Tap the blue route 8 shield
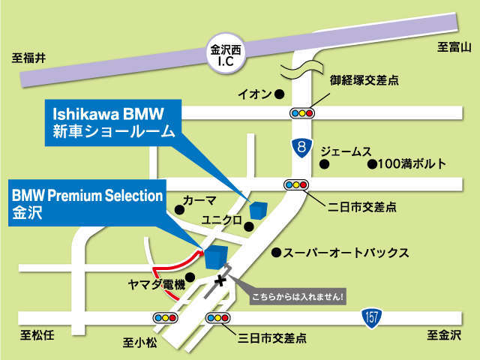(x=301, y=148)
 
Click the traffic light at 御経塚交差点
(x=302, y=113)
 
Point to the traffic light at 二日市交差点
(x=293, y=184)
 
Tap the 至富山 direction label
(x=453, y=48)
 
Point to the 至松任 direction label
(x=34, y=334)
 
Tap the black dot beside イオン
(x=278, y=94)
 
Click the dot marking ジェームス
(x=324, y=163)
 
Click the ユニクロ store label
(x=222, y=220)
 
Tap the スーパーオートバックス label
(x=345, y=253)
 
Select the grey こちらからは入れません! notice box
(x=298, y=295)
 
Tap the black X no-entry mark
(x=220, y=281)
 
